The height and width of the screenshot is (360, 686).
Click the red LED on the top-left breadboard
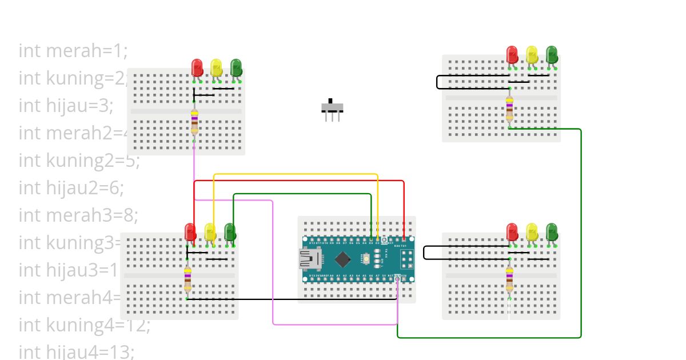[x=197, y=67]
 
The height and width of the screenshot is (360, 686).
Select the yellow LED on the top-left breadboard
[x=216, y=67]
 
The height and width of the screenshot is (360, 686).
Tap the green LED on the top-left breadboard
[x=236, y=67]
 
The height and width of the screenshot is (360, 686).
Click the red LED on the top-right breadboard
[x=512, y=54]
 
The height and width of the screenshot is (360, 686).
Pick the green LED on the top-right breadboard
[x=552, y=54]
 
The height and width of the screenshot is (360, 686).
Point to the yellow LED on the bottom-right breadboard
[x=532, y=231]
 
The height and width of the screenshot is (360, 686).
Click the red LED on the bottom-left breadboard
[x=190, y=231]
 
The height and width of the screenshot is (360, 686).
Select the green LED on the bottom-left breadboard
[x=230, y=231]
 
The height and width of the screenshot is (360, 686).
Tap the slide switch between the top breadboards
[x=332, y=108]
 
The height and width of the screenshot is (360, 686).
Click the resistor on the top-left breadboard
[x=194, y=121]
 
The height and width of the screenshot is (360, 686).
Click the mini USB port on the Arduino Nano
[x=310, y=259]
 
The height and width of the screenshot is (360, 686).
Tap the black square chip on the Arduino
[x=342, y=259]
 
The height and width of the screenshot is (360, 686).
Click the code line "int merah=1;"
[x=73, y=51]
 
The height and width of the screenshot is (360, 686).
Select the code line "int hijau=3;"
[x=66, y=106]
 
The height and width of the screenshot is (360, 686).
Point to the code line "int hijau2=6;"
[x=71, y=187]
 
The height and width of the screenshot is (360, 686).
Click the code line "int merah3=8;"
[x=78, y=215]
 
